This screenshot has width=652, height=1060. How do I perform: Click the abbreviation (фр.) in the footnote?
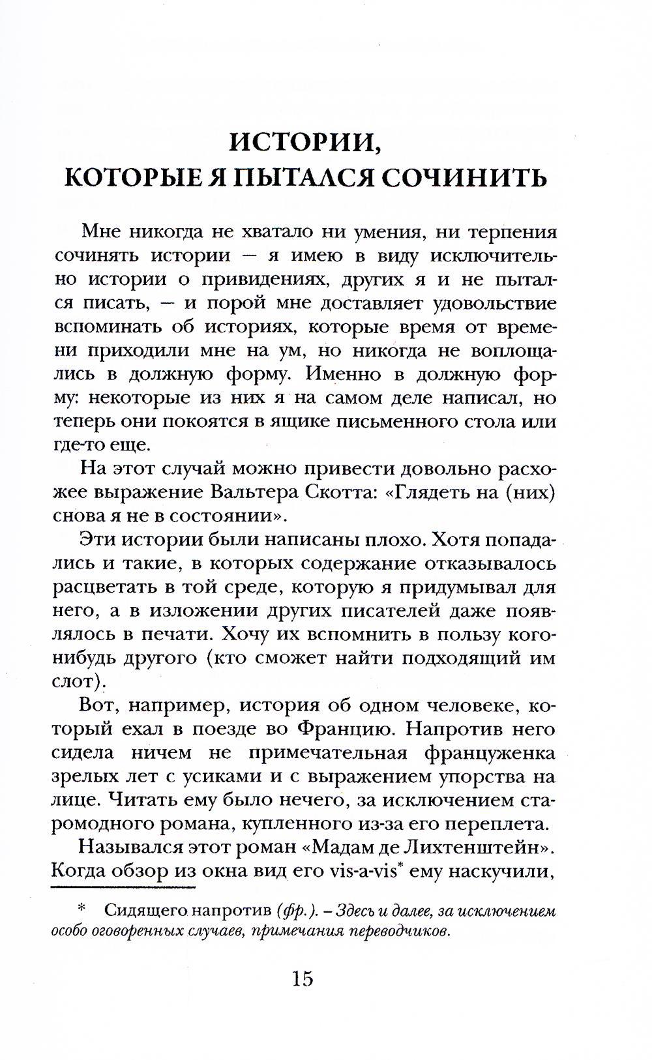297,911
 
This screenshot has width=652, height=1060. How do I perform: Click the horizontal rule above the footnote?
123,887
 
